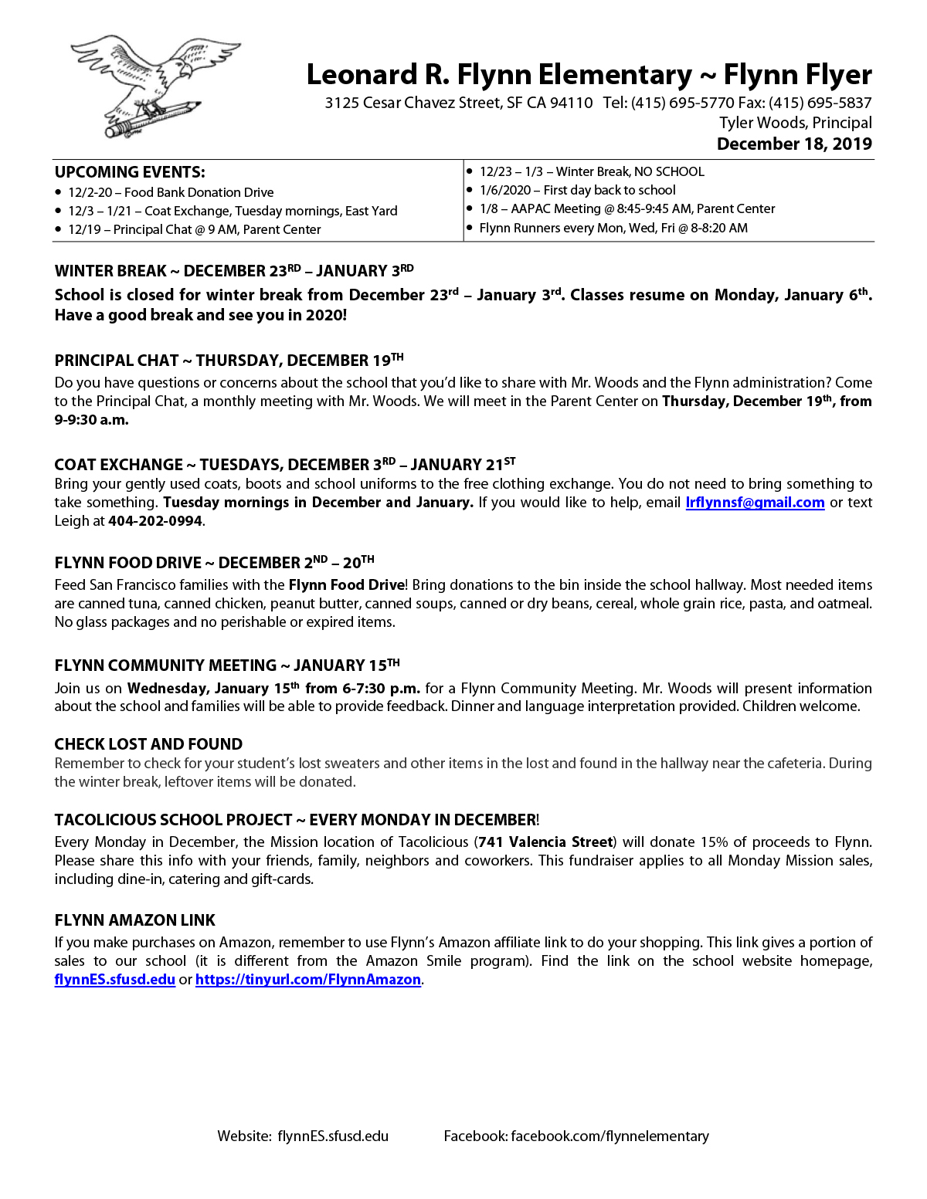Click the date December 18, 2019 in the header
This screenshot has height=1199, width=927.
(x=794, y=144)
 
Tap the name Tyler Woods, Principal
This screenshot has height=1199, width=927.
(x=796, y=124)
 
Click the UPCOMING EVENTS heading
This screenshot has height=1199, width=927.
(x=130, y=172)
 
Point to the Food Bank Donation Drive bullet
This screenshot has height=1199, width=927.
(x=171, y=193)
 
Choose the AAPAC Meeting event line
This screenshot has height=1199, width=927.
(x=626, y=209)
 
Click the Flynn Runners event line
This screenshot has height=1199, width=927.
(x=613, y=229)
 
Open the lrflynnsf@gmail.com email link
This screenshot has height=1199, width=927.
(x=755, y=503)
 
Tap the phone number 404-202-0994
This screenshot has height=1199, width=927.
(x=155, y=521)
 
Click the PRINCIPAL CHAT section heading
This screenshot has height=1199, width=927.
(x=229, y=361)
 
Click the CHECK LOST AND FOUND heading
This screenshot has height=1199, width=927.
(x=148, y=744)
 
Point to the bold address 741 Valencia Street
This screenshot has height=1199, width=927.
(x=545, y=842)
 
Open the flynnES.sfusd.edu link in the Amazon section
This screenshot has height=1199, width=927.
(x=114, y=980)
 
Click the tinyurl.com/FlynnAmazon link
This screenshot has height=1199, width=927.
(x=307, y=980)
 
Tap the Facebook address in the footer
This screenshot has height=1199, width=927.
(x=576, y=1136)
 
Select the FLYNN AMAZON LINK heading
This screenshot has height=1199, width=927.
(x=134, y=920)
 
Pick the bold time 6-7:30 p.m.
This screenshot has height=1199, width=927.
(x=381, y=689)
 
